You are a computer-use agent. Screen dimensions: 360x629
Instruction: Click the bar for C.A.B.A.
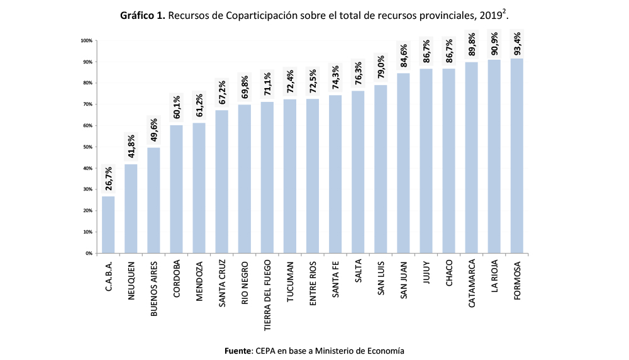click(x=108, y=225)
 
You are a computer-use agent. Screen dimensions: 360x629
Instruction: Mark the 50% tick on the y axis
click(x=87, y=147)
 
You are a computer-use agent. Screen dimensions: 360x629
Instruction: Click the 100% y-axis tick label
click(x=86, y=41)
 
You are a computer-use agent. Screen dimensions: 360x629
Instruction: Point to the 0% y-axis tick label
click(x=89, y=253)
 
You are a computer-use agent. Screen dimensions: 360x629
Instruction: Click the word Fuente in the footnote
click(x=238, y=350)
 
